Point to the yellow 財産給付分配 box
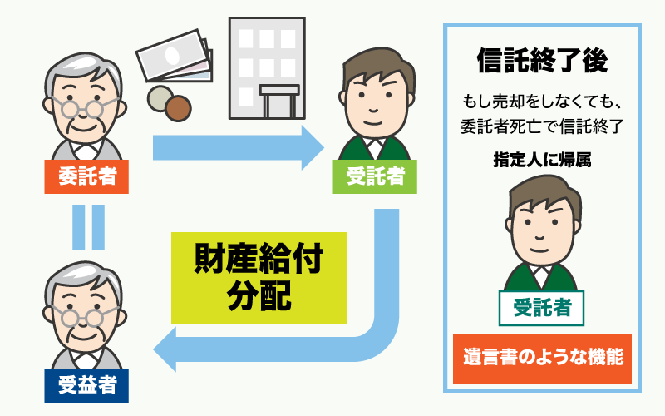pyautogui.click(x=258, y=277)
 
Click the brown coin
pyautogui.click(x=177, y=107)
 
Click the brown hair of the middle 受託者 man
pyautogui.click(x=372, y=62)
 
